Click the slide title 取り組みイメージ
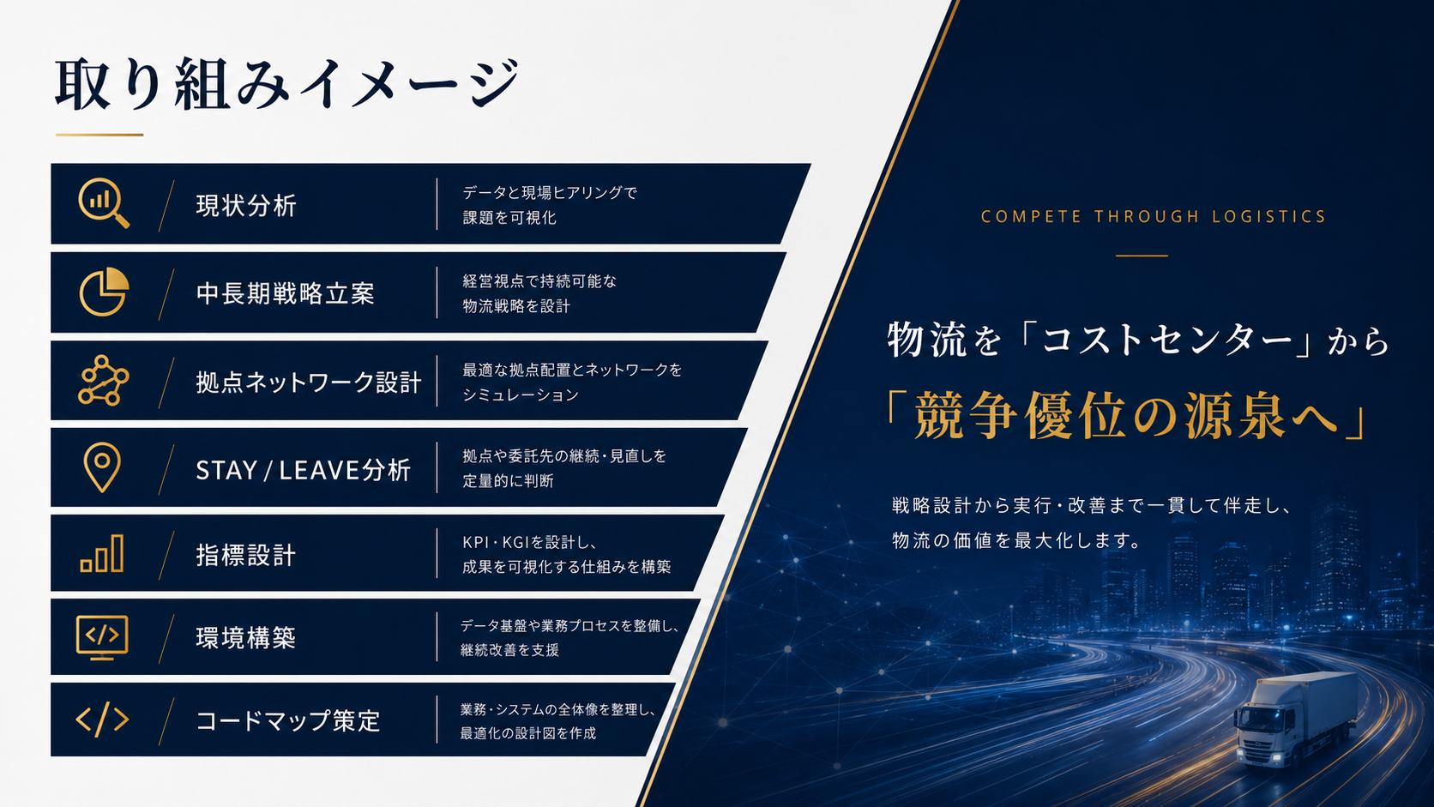pos(286,83)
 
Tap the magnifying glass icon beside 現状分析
pos(103,202)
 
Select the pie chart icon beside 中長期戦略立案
pos(104,292)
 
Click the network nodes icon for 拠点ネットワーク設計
pos(103,380)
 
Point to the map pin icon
pos(102,467)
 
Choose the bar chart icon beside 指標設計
pos(102,553)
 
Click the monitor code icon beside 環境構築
pos(102,637)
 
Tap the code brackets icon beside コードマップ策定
pos(102,720)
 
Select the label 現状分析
pos(246,206)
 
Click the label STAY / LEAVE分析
pos(303,470)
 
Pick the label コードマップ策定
pos(288,720)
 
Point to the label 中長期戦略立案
pos(285,294)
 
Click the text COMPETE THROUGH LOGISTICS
pos(1153,217)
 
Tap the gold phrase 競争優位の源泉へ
pos(1126,416)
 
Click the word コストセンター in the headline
pos(1167,340)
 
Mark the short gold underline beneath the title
pos(99,135)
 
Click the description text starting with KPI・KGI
pos(567,554)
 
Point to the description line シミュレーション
pos(521,394)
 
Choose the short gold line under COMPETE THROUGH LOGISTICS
pos(1142,256)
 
